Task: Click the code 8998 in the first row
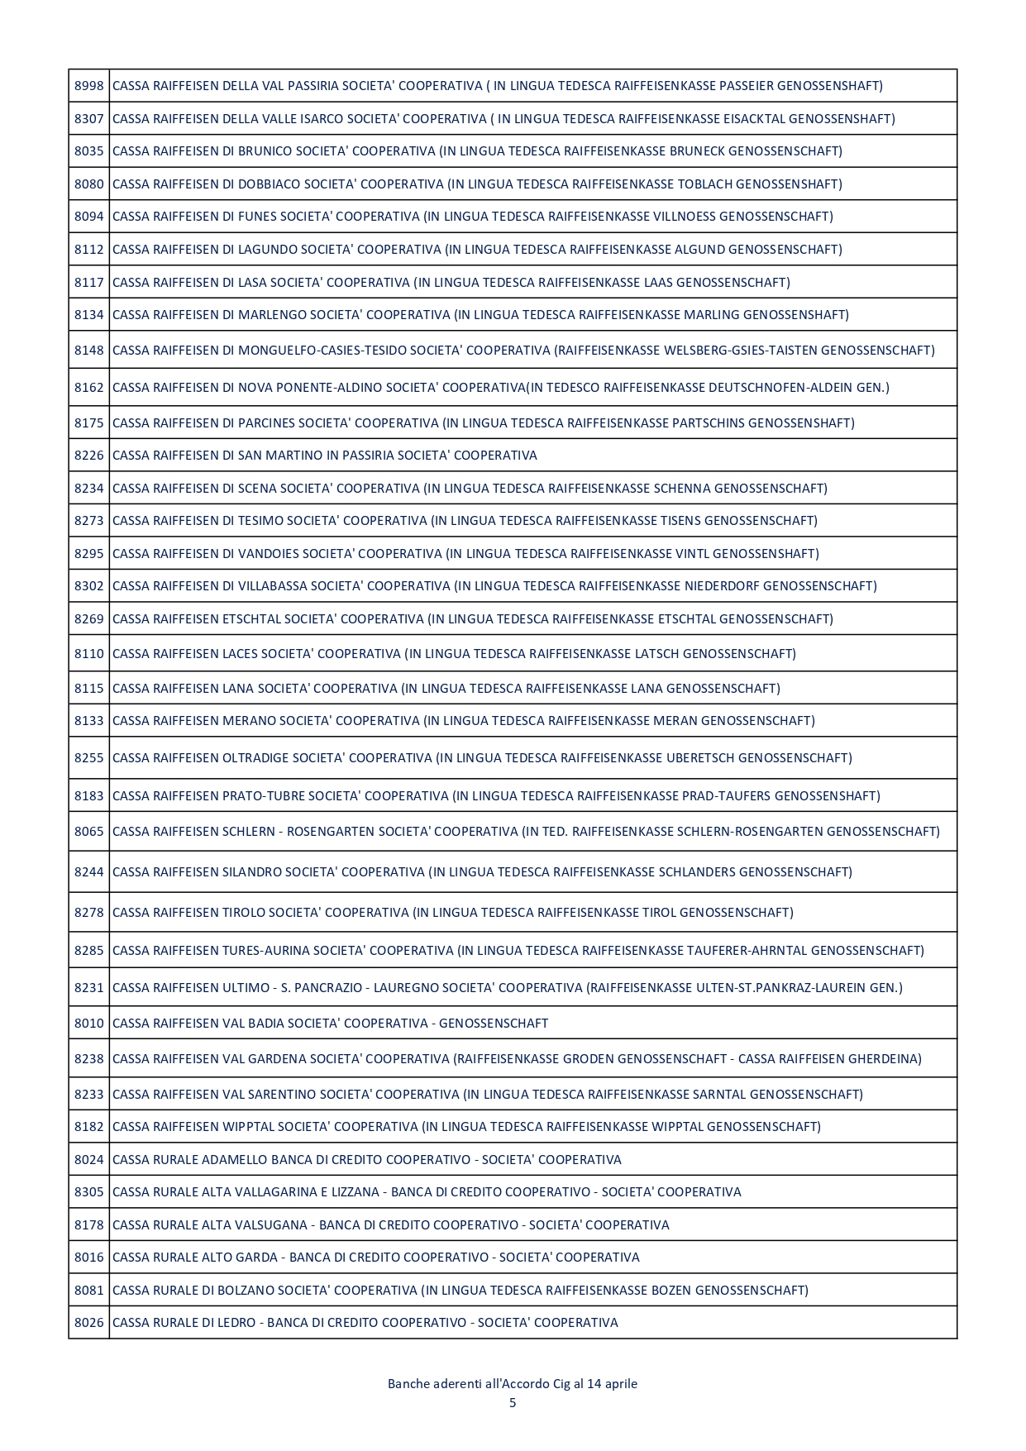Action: click(x=88, y=86)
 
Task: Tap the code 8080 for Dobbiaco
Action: click(x=88, y=184)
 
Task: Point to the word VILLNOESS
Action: click(x=684, y=217)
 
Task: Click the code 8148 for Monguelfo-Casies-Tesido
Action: click(x=88, y=351)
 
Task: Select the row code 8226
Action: click(x=88, y=456)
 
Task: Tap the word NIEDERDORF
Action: click(x=722, y=586)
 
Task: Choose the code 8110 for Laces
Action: click(x=88, y=654)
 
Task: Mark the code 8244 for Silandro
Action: click(x=88, y=872)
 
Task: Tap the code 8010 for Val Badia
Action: click(x=88, y=1024)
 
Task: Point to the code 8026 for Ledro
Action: click(x=88, y=1323)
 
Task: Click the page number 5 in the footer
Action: click(x=513, y=1402)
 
